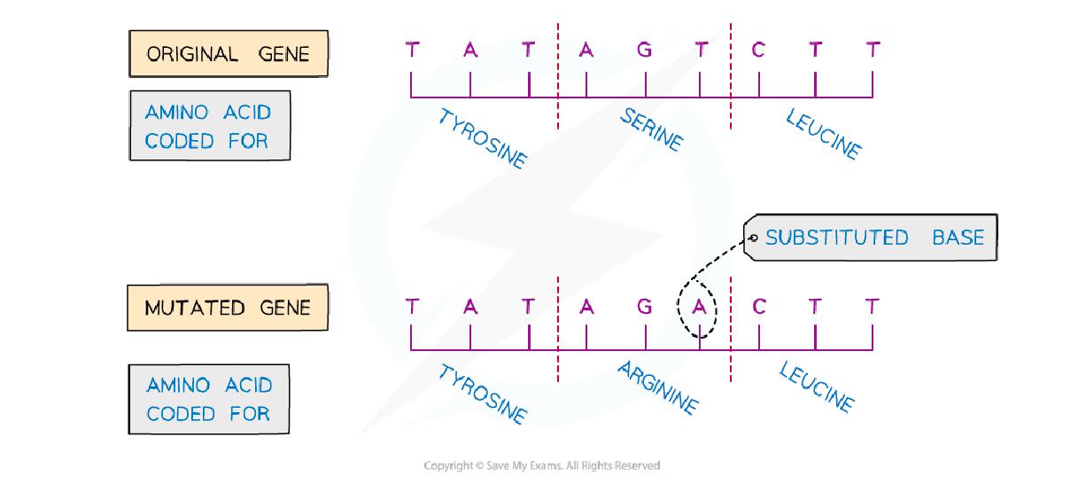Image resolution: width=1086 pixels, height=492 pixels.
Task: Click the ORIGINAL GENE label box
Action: click(229, 54)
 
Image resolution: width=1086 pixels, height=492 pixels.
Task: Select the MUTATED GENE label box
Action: click(228, 308)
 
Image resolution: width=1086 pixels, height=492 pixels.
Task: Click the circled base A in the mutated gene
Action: click(700, 307)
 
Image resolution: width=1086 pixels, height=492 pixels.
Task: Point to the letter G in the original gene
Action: click(644, 51)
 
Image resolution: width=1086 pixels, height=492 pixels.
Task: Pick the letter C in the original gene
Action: click(758, 51)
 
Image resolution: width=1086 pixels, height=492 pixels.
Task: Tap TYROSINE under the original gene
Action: click(482, 139)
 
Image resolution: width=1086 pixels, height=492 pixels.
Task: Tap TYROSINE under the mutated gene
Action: click(482, 394)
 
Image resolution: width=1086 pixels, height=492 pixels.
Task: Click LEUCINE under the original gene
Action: click(822, 134)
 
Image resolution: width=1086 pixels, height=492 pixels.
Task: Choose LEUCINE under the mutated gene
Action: click(817, 388)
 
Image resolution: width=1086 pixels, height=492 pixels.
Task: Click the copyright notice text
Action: click(542, 465)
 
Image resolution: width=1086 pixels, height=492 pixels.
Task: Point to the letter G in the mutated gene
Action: click(644, 307)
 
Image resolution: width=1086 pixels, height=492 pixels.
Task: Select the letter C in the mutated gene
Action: click(758, 307)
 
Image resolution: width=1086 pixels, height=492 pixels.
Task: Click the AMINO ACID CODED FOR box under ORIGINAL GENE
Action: click(210, 126)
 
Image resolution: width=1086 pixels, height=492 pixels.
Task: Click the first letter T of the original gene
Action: click(412, 51)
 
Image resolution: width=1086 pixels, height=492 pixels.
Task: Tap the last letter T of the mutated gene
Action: click(873, 307)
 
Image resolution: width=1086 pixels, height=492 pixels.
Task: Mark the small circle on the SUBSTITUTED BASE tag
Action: click(754, 238)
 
